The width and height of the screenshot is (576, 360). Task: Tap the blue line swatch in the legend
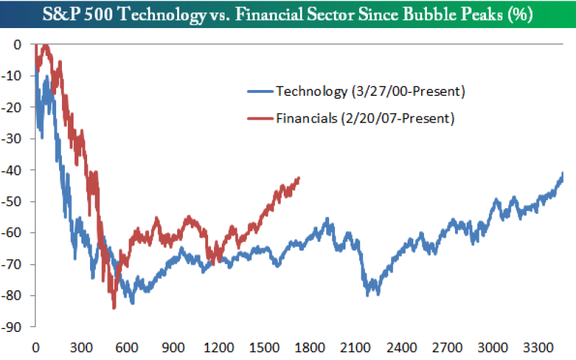(x=260, y=91)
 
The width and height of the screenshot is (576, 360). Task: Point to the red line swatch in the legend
(x=260, y=118)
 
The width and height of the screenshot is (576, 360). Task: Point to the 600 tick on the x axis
(x=126, y=346)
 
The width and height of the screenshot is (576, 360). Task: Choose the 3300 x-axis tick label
(x=534, y=346)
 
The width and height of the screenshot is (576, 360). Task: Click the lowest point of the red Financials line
(x=114, y=308)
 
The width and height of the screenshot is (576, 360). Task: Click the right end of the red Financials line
(x=299, y=178)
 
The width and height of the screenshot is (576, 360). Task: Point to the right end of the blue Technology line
(x=563, y=174)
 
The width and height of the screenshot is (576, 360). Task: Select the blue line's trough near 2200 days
(x=372, y=294)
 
